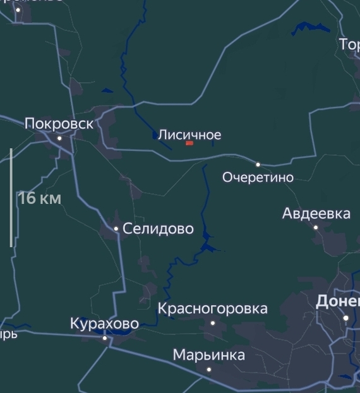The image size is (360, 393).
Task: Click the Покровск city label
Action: tap(59, 124)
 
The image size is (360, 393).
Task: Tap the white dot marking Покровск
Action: tap(60, 138)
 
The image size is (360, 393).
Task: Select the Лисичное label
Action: tap(189, 135)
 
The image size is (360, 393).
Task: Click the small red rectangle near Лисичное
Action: tap(189, 143)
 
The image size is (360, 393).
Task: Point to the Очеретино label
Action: tap(258, 178)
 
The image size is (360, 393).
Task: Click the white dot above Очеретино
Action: tap(258, 164)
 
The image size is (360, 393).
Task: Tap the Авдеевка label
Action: tap(316, 214)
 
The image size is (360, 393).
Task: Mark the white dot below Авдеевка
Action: tap(316, 227)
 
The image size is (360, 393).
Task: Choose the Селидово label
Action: tap(158, 229)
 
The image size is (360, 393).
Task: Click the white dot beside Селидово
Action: tap(116, 229)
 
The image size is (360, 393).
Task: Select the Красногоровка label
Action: tap(212, 309)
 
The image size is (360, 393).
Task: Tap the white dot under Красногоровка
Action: tap(213, 323)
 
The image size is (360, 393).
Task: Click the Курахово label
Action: tap(104, 324)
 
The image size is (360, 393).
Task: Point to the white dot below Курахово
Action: tap(105, 338)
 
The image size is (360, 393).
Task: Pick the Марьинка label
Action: tap(208, 355)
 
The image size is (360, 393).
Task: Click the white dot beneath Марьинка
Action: tap(209, 369)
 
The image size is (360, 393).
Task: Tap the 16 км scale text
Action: tap(40, 198)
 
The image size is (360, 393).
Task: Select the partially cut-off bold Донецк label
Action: tap(337, 301)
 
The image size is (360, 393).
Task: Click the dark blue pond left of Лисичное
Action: tap(155, 135)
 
